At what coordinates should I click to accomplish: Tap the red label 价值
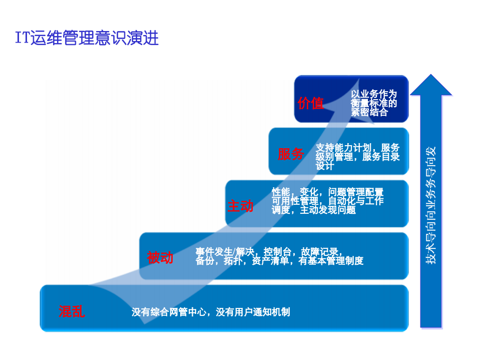(310, 104)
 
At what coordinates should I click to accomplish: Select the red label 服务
(291, 154)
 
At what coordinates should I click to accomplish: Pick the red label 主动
(240, 206)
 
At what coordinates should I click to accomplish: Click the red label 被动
(160, 258)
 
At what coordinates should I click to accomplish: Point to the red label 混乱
(72, 312)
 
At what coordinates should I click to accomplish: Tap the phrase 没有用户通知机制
(253, 312)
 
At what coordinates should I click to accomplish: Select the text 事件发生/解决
(225, 251)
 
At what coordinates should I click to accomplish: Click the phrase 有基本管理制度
(331, 261)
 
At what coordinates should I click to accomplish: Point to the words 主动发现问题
(328, 210)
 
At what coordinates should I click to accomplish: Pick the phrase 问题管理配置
(356, 192)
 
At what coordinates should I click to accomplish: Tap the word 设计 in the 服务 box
(324, 166)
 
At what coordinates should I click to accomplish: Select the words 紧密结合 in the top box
(369, 113)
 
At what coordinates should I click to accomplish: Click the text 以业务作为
(373, 95)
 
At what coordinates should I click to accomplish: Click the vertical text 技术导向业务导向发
(430, 205)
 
